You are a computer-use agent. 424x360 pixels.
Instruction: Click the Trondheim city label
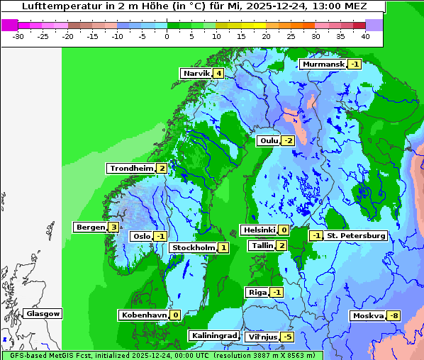(131, 169)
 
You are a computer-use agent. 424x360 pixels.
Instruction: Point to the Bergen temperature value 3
(113, 227)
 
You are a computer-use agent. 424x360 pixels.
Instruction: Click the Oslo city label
(141, 237)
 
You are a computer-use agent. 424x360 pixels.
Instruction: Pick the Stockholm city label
(193, 248)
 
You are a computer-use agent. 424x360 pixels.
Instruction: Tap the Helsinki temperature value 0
(284, 230)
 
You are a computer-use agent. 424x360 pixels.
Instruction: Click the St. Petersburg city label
(356, 236)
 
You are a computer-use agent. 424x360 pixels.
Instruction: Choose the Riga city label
(257, 293)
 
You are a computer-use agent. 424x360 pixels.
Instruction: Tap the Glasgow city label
(43, 314)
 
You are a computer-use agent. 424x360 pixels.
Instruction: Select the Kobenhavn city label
(143, 315)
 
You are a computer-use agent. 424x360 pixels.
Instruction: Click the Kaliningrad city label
(214, 336)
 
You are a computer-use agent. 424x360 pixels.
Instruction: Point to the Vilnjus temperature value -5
(286, 337)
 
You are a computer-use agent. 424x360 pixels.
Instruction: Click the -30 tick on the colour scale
(19, 35)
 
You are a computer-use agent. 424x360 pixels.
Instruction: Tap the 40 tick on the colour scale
(365, 35)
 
